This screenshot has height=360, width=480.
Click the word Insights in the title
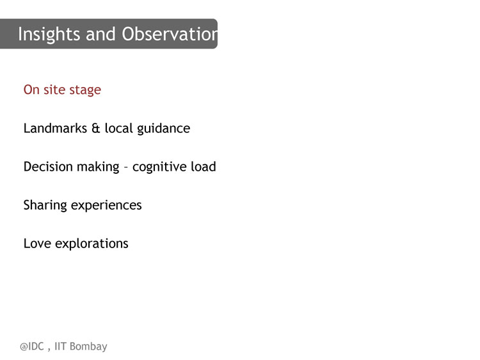[49, 35]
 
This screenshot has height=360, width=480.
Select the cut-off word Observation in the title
[170, 34]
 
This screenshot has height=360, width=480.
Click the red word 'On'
[31, 90]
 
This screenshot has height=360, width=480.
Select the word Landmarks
[55, 128]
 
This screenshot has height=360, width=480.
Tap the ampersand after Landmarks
[96, 129]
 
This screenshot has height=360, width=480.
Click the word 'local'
[119, 128]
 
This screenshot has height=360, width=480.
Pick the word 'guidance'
[163, 129]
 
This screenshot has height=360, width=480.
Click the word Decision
[48, 167]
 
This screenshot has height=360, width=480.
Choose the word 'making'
[98, 168]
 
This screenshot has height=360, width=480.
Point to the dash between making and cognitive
[125, 168]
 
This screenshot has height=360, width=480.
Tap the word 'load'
[204, 167]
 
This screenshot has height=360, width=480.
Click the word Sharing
[45, 206]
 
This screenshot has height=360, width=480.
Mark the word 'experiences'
[106, 206]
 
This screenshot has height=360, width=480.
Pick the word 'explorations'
[92, 244]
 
